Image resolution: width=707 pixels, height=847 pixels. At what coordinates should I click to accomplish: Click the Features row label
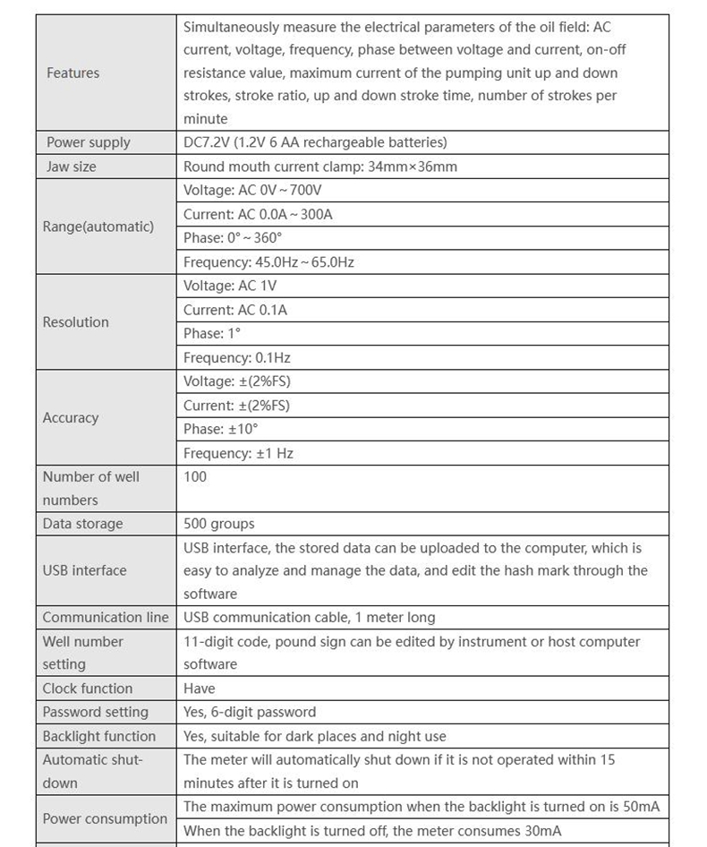coord(73,73)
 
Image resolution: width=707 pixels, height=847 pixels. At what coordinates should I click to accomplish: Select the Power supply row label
coord(88,142)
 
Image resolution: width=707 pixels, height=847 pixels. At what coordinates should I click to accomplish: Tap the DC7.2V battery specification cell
coord(315,142)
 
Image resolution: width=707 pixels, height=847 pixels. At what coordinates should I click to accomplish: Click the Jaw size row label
coord(71,167)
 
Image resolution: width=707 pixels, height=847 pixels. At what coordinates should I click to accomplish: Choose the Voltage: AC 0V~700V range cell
coord(252,190)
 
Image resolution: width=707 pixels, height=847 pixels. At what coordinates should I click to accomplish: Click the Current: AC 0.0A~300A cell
coord(258,214)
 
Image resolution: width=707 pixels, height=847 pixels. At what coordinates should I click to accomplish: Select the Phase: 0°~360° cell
coord(233,238)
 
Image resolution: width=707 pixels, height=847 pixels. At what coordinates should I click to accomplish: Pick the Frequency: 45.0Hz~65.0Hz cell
coord(268,262)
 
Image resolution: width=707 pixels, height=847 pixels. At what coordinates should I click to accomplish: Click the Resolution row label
coord(75,322)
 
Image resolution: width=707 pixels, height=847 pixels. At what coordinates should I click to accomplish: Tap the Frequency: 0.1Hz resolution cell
coord(236,358)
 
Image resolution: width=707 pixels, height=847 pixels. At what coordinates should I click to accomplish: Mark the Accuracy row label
coord(71,418)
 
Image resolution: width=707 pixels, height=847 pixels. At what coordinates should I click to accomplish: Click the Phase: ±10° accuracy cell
coord(220,430)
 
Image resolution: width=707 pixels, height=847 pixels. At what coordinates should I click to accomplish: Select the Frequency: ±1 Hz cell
coord(238,454)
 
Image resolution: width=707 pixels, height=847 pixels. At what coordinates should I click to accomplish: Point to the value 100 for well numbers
coord(195,477)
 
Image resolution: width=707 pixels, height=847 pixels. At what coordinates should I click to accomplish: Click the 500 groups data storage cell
coord(218,524)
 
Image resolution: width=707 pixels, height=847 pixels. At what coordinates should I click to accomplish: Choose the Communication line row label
coord(106,618)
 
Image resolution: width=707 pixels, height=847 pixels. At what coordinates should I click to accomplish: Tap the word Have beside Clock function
coord(200,689)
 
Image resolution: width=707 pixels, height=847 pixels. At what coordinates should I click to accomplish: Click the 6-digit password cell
coord(250,713)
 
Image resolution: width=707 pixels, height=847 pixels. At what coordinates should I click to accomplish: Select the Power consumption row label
coord(105,819)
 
